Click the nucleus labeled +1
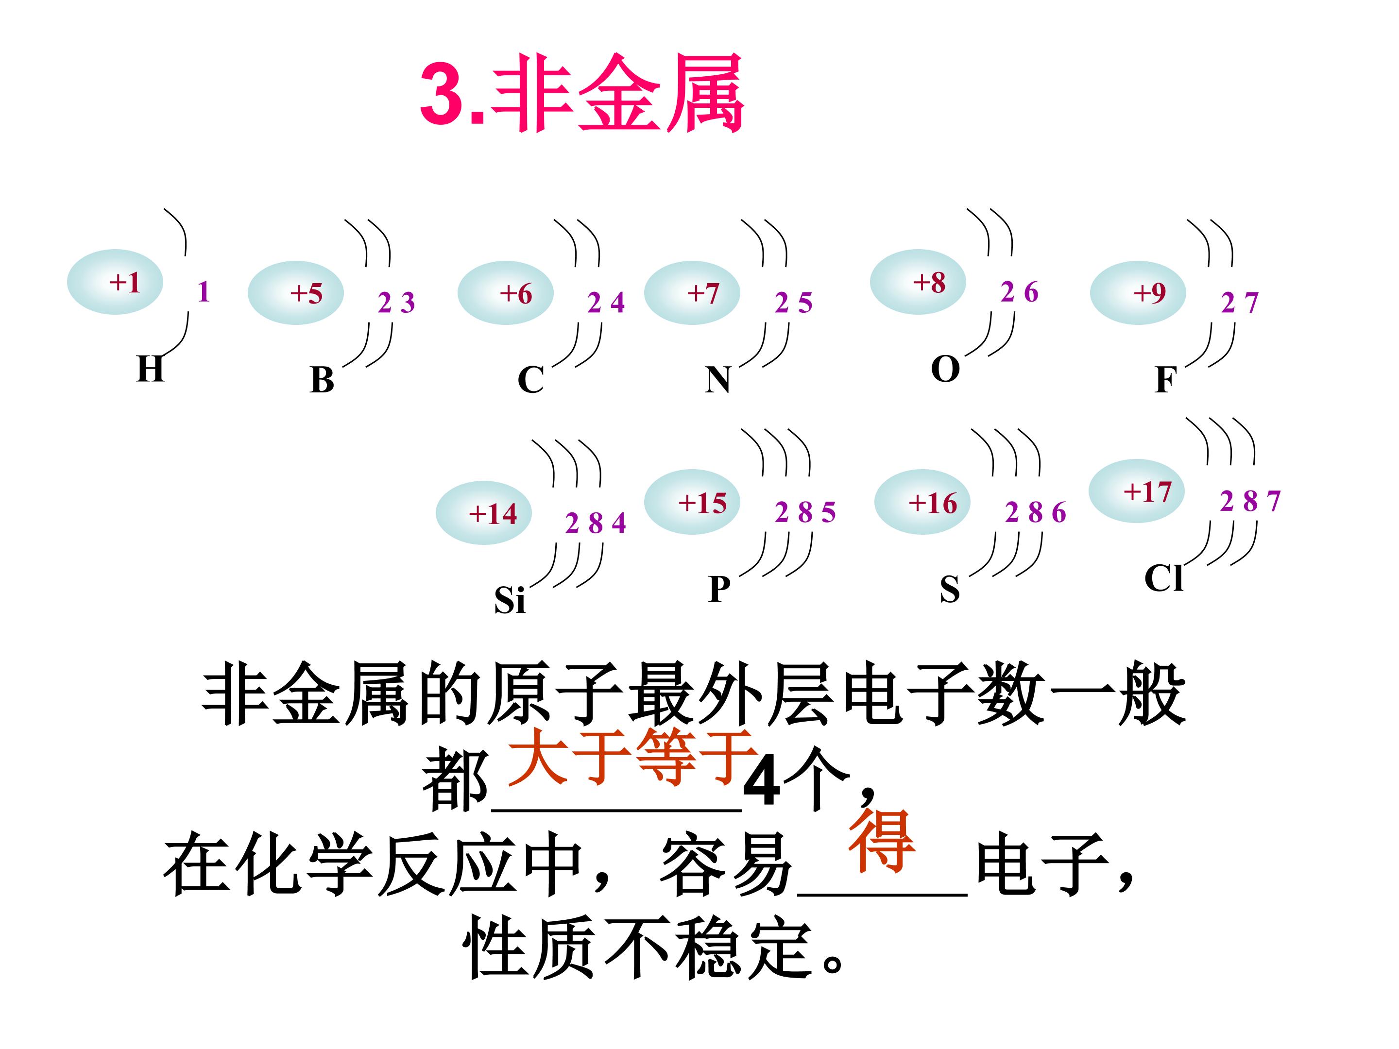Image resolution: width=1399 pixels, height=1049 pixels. (x=115, y=282)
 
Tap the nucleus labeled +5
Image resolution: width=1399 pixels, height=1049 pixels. (x=295, y=293)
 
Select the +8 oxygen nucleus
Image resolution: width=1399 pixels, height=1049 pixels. (x=918, y=282)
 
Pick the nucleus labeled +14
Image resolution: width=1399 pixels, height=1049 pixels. (x=484, y=513)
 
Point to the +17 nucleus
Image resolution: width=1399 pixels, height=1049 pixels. (x=1137, y=491)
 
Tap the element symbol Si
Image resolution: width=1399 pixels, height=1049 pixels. (x=510, y=600)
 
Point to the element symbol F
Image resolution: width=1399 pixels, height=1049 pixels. (x=1165, y=380)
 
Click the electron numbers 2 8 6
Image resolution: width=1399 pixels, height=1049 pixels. (x=1035, y=513)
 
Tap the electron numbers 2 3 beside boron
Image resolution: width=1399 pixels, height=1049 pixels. (x=396, y=303)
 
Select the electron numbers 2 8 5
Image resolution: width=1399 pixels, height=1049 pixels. (x=805, y=512)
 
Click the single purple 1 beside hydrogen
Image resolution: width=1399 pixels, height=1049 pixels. (x=204, y=292)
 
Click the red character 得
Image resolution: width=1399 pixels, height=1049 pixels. (x=882, y=842)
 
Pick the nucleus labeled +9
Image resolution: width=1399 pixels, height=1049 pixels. (x=1137, y=293)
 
